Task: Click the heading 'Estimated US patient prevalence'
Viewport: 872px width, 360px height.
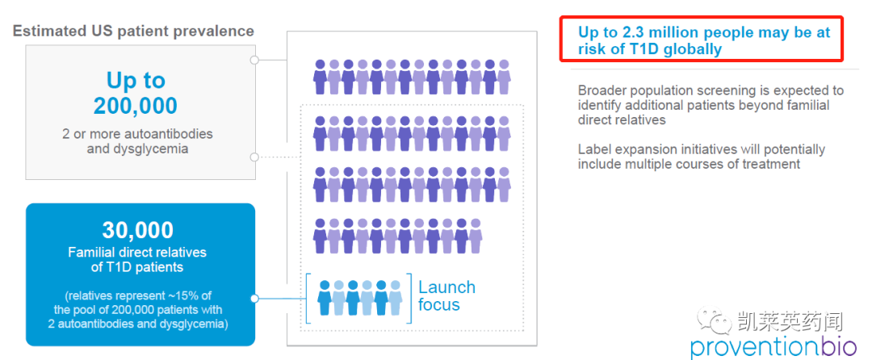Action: point(133,31)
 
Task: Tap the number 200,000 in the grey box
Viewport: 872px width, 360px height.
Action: point(136,106)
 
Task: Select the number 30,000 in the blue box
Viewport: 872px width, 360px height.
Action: point(137,232)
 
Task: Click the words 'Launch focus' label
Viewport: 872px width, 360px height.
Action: point(446,296)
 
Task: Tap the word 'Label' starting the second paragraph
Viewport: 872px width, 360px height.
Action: point(595,149)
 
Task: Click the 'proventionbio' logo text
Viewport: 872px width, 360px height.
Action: point(767,346)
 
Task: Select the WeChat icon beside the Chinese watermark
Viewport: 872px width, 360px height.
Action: point(715,320)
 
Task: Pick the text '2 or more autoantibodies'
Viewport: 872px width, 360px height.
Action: point(138,133)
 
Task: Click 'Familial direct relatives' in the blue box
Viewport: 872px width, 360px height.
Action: point(137,252)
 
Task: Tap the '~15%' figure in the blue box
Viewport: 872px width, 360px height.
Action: point(191,295)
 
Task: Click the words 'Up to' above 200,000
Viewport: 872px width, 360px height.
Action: point(136,80)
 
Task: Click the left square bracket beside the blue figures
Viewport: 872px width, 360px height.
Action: point(308,296)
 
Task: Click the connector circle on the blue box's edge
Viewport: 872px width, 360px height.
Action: point(254,298)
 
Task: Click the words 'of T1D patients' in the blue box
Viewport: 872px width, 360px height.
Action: point(137,267)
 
